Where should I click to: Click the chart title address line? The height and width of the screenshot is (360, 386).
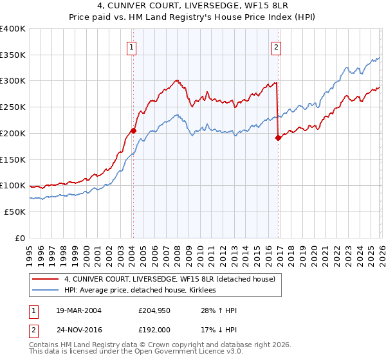pos(193,6)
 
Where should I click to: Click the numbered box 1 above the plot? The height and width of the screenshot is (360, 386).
pos(132,46)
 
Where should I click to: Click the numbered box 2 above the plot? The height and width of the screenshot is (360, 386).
pos(276,46)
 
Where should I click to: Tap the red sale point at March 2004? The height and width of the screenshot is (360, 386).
pos(134,130)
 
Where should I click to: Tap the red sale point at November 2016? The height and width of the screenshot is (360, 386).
pos(279,137)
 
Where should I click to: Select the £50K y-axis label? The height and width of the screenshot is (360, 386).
pos(14,212)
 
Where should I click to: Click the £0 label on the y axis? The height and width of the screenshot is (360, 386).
pos(21,238)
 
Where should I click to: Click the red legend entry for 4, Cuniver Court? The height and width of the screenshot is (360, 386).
pos(170,279)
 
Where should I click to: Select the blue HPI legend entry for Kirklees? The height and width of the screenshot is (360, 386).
pos(142,291)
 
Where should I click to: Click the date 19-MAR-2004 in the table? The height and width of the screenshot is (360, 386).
pos(74,310)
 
